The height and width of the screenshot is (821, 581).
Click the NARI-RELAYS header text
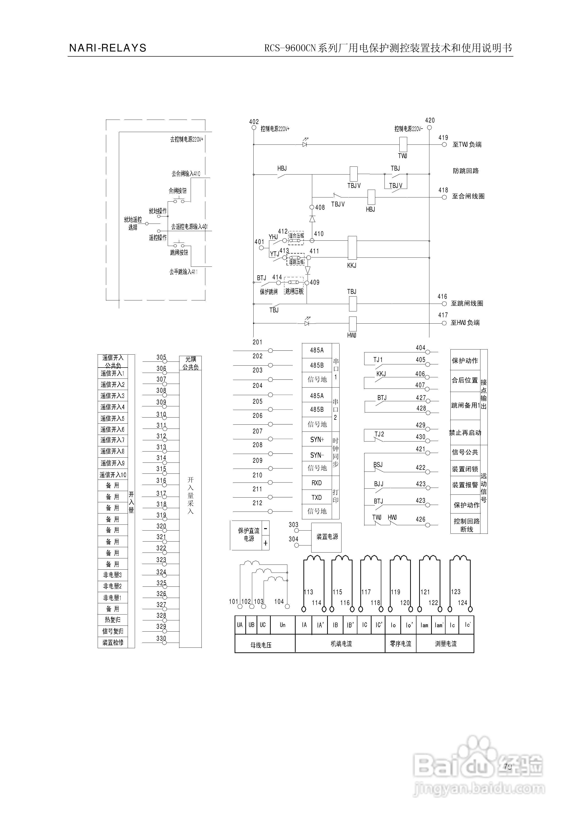108,48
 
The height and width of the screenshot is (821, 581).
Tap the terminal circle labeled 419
444,145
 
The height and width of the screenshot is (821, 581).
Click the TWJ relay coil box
403,144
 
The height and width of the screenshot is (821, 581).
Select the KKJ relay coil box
352,248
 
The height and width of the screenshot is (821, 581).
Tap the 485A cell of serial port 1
317,350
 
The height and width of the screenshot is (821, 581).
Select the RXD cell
317,483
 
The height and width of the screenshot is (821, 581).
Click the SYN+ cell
317,440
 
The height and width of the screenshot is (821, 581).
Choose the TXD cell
317,497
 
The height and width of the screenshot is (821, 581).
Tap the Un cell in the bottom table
283,625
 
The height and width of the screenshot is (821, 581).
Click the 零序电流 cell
400,644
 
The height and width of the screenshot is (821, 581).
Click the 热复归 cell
113,620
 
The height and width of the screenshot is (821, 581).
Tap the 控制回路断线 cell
466,525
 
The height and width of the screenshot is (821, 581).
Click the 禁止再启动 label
465,433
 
